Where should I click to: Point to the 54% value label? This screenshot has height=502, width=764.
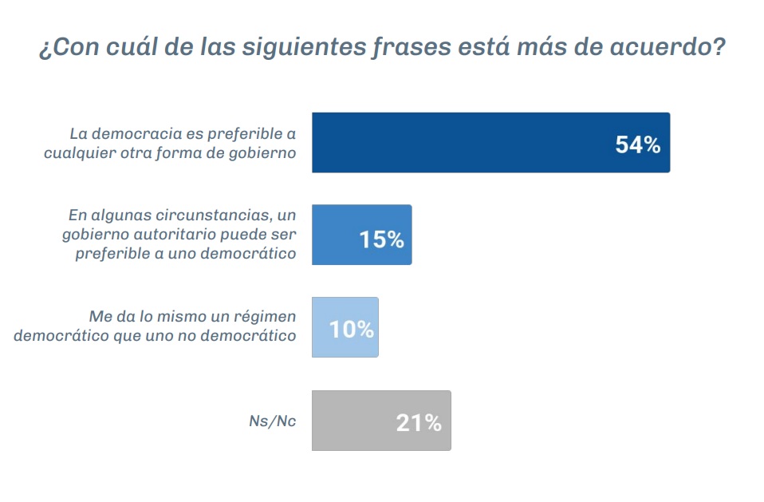tap(638, 144)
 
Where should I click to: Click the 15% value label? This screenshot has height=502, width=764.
tap(381, 238)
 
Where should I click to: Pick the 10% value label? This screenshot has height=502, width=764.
tap(352, 329)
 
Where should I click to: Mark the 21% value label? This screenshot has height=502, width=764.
tap(419, 423)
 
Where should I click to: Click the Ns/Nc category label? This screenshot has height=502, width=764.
tap(272, 421)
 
